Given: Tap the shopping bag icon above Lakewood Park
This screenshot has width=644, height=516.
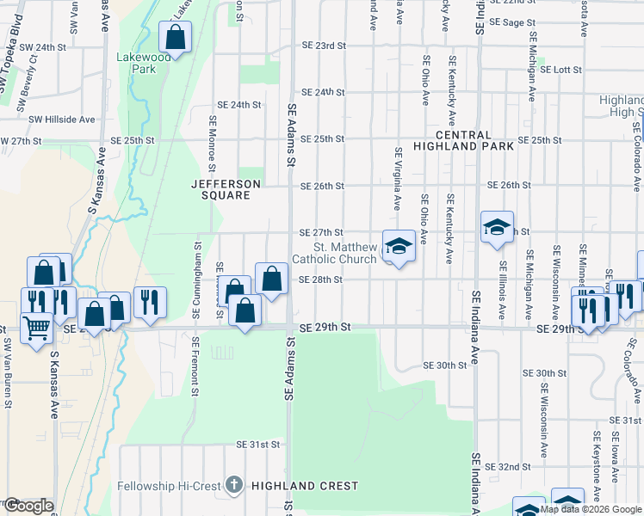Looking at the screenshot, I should [x=175, y=39].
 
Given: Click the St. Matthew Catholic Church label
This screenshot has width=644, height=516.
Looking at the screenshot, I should [x=334, y=253].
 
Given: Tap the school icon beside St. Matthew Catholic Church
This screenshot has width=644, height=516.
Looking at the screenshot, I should [x=399, y=247].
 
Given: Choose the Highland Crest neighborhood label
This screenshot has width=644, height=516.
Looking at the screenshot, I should [x=305, y=486].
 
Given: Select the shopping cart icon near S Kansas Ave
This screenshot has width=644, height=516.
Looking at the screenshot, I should [x=36, y=327].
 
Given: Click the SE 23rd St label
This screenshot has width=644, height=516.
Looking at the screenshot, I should [x=323, y=45].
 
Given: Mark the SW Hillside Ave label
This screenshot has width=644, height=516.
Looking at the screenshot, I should [x=62, y=120].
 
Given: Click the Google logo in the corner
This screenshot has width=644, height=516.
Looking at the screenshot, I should [x=28, y=506].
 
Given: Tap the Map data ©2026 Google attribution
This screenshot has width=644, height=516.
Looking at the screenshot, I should [x=591, y=509].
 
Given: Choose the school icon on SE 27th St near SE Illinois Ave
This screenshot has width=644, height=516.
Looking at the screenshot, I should [x=497, y=228].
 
